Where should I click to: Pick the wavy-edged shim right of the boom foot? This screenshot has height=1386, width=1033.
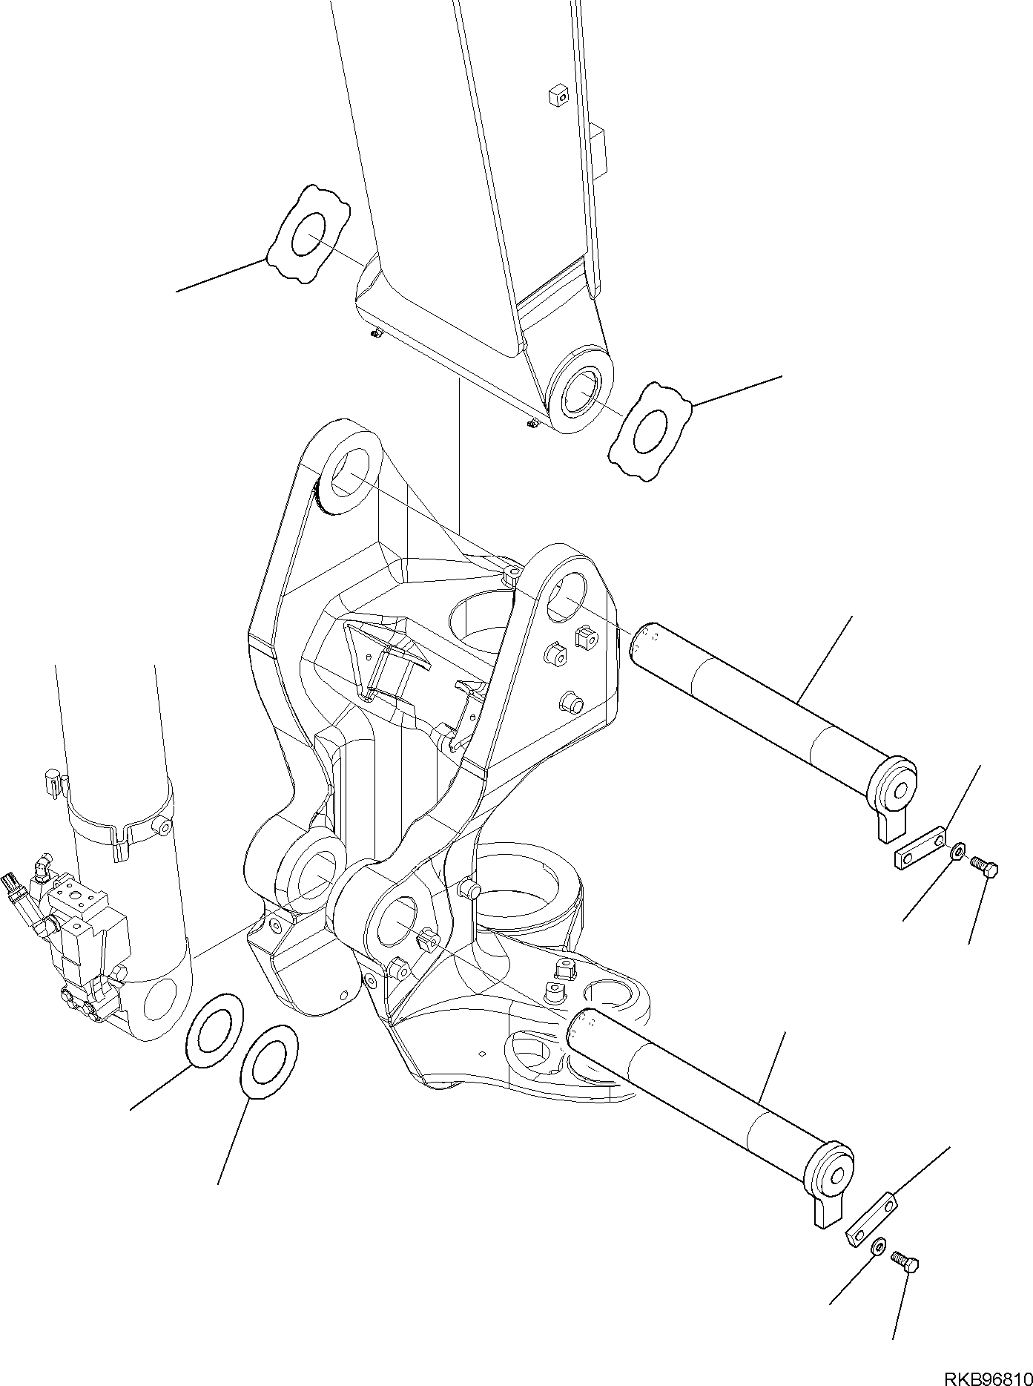tap(651, 432)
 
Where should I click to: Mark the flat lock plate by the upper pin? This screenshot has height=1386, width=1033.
tap(919, 847)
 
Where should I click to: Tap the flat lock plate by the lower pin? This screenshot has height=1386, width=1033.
tap(871, 1226)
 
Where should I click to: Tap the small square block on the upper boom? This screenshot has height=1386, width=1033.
tap(558, 96)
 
